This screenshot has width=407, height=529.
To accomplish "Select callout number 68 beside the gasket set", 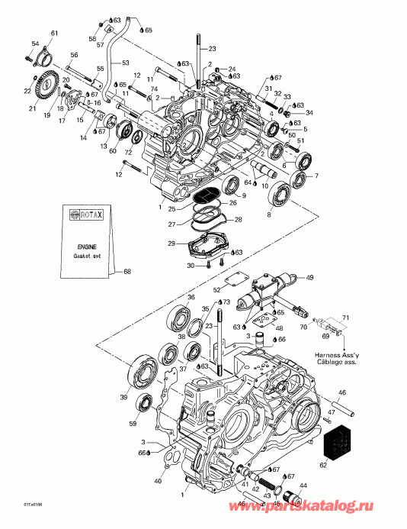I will (x=127, y=271).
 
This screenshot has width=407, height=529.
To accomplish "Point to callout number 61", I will (x=53, y=32).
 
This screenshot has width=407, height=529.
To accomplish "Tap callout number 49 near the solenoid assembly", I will (x=309, y=277).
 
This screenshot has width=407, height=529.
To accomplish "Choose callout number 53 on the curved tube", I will (x=126, y=62).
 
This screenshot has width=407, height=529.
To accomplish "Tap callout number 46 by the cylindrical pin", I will (x=341, y=392).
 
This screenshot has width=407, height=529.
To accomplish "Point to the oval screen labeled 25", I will (x=205, y=195).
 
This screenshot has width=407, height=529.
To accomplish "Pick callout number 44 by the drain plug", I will (x=303, y=485).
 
